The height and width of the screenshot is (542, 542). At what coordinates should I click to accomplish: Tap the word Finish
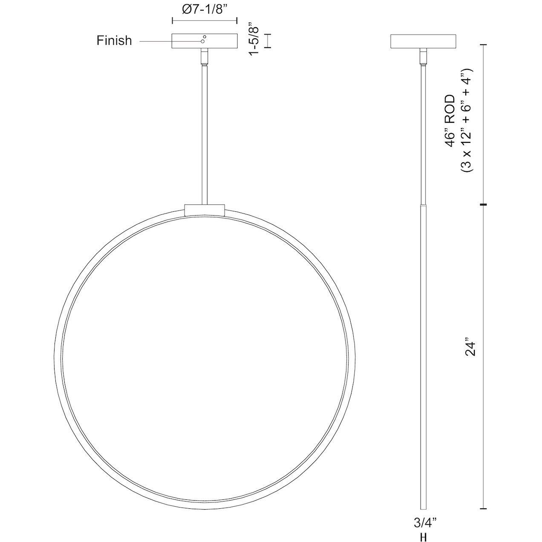point(114,41)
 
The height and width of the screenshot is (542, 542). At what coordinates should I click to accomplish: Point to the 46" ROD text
point(451,121)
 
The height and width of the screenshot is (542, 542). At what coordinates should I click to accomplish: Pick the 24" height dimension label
point(470,347)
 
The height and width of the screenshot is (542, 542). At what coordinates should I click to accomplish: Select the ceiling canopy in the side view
point(423,41)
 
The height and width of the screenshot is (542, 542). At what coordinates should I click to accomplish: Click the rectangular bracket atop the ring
point(204,210)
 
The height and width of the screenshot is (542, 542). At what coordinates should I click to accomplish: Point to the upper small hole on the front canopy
point(205,37)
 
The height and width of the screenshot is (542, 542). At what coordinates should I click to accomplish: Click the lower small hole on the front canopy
point(203,41)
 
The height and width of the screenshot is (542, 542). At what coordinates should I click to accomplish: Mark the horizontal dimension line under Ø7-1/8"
point(204,20)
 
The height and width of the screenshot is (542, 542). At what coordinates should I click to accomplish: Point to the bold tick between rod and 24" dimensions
point(483,205)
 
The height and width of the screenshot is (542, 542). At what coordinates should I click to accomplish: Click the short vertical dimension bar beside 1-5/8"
point(268,41)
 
